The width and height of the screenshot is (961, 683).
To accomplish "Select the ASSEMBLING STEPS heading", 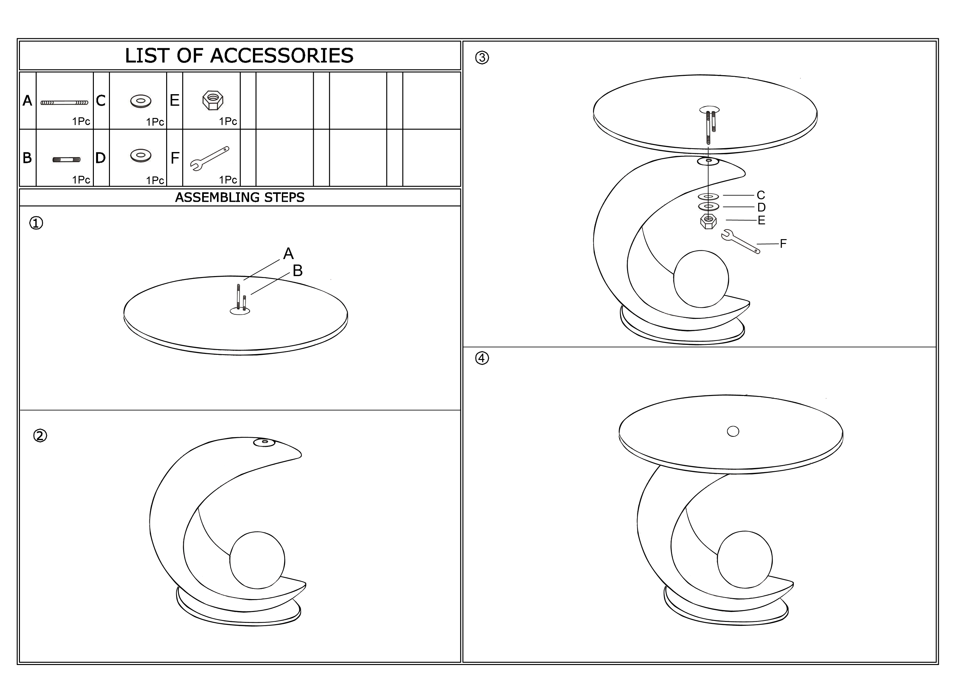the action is pos(240,197).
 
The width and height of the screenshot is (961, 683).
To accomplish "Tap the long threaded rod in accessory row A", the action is pos(64,103).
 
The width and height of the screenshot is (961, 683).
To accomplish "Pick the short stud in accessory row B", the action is pos(67,160).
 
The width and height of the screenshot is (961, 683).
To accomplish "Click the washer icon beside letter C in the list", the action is pos(141,101).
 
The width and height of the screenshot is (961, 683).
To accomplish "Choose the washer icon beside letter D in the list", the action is pos(141,155).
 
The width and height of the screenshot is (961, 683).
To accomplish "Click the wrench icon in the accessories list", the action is pos(210,158).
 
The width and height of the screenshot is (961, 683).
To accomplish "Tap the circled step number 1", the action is pos(36,223).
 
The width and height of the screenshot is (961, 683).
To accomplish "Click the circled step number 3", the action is pos(482,58).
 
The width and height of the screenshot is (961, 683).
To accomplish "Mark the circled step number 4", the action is pos(482,358).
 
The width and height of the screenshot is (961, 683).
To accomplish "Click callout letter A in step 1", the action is pos(288,254).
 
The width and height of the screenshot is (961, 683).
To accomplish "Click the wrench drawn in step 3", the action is pos(741,241).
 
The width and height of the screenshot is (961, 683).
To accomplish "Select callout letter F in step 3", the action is pos(783,244).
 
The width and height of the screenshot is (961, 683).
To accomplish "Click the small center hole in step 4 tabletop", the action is pos(733,432).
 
